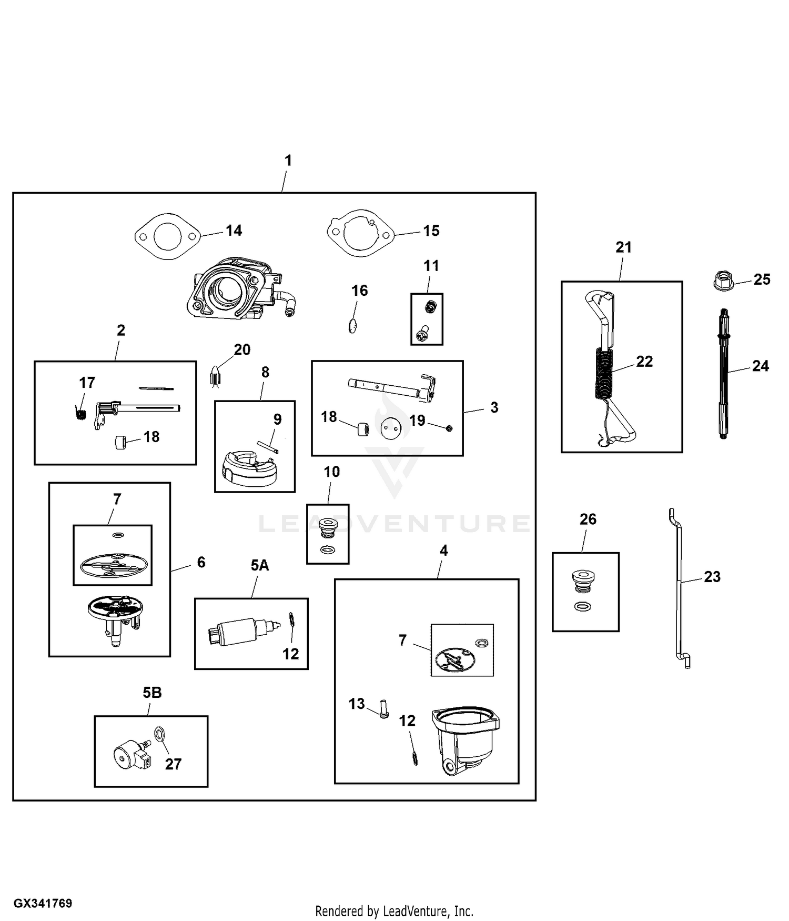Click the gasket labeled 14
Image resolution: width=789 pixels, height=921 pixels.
click(x=167, y=236)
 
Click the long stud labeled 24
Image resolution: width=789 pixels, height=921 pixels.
click(x=723, y=373)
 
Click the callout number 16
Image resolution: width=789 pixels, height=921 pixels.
click(x=360, y=291)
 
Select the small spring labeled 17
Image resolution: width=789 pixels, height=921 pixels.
click(x=81, y=414)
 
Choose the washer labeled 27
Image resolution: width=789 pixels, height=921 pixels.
click(x=159, y=733)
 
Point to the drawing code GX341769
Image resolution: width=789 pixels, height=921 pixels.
click(x=43, y=904)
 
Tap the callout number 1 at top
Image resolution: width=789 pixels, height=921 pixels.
click(x=288, y=161)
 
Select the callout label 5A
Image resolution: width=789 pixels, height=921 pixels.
click(x=259, y=565)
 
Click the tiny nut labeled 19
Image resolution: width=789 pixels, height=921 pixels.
click(x=449, y=428)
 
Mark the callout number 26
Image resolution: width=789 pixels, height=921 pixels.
click(x=588, y=519)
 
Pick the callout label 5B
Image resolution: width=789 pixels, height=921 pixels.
click(x=152, y=693)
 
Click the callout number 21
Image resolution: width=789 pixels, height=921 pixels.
click(x=623, y=247)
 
